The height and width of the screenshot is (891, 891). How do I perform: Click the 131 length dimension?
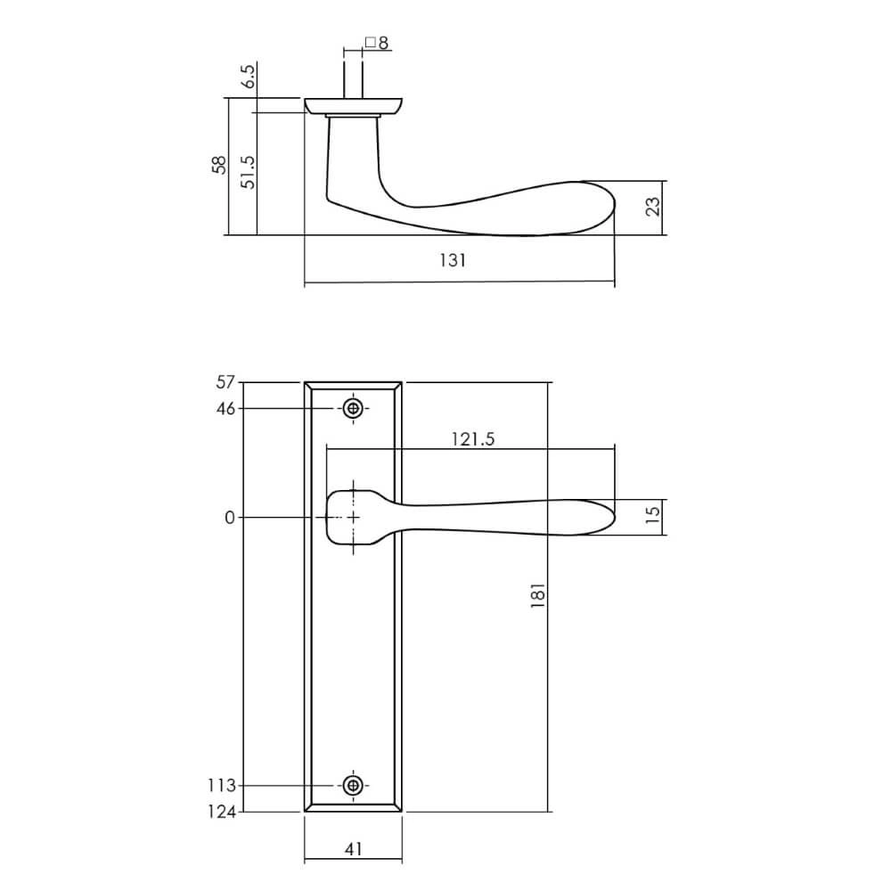point(453,260)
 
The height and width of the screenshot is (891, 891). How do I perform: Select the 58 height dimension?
point(219,166)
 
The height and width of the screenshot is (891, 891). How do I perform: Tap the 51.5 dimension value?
point(249,171)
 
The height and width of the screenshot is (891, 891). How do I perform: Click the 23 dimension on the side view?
point(653,208)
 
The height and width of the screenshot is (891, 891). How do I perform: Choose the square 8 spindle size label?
point(376,43)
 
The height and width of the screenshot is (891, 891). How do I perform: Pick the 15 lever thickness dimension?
point(653,518)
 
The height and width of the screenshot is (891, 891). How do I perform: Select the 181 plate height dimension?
point(537,596)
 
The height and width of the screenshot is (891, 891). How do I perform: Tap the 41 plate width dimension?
point(353,850)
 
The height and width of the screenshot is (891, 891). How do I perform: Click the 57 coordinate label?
point(225,383)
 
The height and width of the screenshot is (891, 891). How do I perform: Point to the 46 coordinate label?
point(225,409)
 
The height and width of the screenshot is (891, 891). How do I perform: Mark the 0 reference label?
point(230,518)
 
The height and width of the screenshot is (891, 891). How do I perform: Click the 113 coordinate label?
point(221,786)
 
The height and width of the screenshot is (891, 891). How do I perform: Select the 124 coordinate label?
point(221,812)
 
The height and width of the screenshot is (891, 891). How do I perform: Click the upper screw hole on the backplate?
point(354,409)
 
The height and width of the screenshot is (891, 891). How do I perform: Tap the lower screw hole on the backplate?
point(354,785)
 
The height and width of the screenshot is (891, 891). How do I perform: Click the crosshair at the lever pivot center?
point(354,518)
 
